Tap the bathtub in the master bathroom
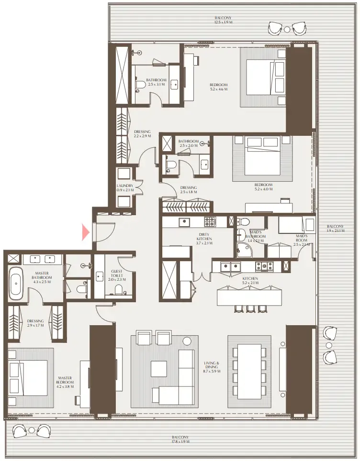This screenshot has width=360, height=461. pyautogui.click(x=16, y=284)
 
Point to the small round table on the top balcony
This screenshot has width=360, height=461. pyautogui.click(x=287, y=29)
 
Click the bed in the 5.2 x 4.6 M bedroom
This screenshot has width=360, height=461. pyautogui.click(x=263, y=78)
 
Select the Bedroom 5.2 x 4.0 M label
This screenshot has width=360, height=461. pyautogui.click(x=264, y=187)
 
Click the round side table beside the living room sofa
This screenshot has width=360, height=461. pyautogui.click(x=187, y=341)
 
